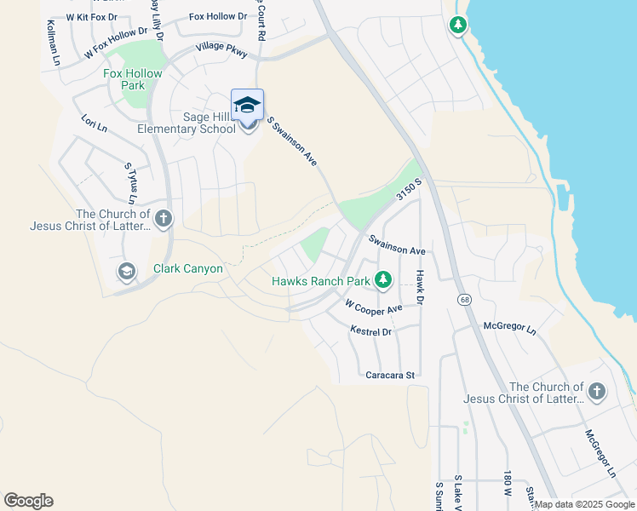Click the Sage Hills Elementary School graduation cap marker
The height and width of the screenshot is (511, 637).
point(247,106)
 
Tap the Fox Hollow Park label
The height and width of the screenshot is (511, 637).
point(132,79)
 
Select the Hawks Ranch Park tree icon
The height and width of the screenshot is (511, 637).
point(383,279)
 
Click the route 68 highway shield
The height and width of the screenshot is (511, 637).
point(464,299)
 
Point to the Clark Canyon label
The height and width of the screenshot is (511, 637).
point(188,269)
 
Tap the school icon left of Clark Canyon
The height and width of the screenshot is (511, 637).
point(126,272)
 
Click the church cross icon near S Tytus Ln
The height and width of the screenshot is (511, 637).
point(163,219)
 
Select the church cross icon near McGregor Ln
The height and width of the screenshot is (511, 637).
point(597,391)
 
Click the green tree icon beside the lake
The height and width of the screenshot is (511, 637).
point(458,25)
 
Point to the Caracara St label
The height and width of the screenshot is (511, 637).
point(389,374)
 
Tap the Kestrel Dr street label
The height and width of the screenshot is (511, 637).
point(370,330)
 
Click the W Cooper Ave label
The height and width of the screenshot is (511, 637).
point(373,307)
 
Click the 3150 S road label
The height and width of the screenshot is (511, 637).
point(409,191)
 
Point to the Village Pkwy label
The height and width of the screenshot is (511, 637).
point(221,51)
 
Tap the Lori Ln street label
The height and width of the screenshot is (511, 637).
point(94,124)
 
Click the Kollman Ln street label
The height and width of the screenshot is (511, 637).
point(51,43)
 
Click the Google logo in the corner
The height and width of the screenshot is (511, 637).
point(28,501)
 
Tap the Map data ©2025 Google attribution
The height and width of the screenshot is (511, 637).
point(584,504)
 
